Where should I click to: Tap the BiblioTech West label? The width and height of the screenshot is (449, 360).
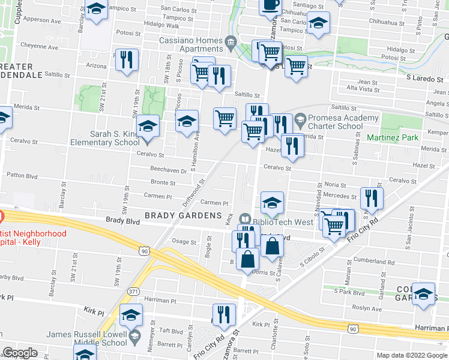(x=283, y=221)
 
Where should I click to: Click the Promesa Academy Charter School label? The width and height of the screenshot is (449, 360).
(x=343, y=122)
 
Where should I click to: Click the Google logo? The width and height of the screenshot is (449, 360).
(x=20, y=353)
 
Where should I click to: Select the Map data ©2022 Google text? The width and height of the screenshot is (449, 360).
(x=412, y=355)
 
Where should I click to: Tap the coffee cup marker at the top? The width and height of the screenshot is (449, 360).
(x=270, y=5)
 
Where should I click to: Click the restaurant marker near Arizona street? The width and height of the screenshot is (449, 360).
(x=127, y=61)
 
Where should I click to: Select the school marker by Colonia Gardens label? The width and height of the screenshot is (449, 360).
(x=424, y=295)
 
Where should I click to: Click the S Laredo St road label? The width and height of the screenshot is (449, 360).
(x=427, y=78)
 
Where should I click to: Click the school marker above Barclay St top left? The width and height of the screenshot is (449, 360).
(x=96, y=10)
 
